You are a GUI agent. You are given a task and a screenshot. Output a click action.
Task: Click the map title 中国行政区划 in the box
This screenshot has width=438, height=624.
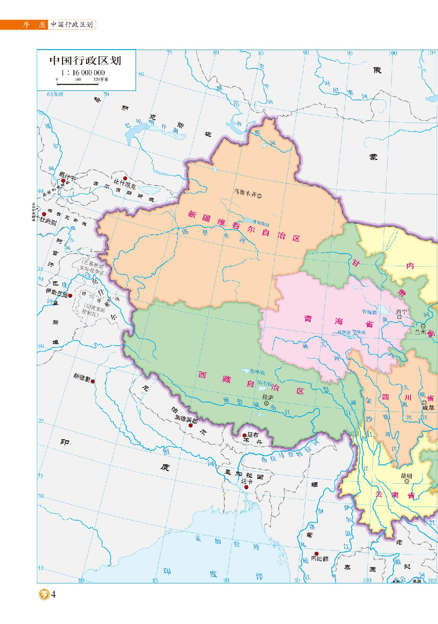[x=85, y=61]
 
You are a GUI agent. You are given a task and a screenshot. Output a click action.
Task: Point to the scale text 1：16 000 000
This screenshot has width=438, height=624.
[x=83, y=73]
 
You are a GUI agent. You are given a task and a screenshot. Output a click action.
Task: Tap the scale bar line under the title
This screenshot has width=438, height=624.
[x=77, y=84]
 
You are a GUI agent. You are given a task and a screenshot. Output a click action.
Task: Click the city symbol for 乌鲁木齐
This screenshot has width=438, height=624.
[x=259, y=196]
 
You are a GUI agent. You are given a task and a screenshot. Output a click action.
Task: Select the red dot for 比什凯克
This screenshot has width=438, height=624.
[x=125, y=178]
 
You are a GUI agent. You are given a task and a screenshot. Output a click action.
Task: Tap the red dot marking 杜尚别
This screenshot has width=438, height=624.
[x=44, y=214]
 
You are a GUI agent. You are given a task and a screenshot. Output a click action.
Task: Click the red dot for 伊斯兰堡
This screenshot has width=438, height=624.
[x=70, y=296]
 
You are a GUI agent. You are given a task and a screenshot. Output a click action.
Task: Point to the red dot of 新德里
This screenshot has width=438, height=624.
[x=93, y=381]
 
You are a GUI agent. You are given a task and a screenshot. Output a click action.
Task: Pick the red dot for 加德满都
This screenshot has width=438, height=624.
[x=190, y=425]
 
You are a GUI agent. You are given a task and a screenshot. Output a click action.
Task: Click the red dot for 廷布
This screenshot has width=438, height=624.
[x=244, y=435]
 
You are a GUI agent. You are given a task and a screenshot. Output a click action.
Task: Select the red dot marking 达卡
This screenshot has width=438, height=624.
[x=246, y=487]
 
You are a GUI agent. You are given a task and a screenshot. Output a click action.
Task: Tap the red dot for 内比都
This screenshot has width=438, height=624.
[x=316, y=554]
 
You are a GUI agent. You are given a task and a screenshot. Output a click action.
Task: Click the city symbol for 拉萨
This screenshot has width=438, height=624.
[x=266, y=403]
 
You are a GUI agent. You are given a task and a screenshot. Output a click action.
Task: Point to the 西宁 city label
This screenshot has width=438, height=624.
[x=401, y=312]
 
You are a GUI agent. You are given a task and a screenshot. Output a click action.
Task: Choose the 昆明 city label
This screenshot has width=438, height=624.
[x=406, y=476]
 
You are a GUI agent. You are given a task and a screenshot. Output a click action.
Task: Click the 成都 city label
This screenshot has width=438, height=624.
[x=429, y=408]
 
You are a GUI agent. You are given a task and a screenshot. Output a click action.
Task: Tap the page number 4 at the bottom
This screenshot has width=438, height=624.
[x=53, y=594]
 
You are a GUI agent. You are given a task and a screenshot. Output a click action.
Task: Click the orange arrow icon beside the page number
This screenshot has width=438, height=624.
[x=44, y=594]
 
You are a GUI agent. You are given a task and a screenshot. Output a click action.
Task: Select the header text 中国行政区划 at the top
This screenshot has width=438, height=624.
[x=72, y=24]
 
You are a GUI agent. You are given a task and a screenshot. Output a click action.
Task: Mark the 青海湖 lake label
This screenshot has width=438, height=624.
[x=369, y=312]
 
